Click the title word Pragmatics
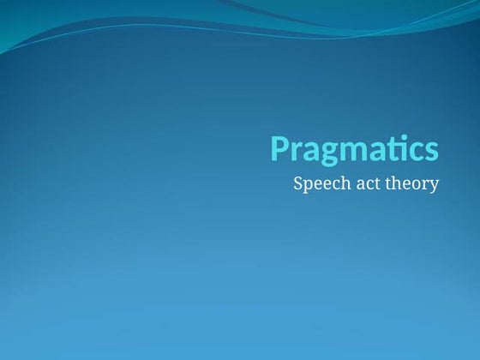[355, 149]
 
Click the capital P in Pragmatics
[280, 147]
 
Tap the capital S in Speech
[298, 183]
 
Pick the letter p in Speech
[309, 185]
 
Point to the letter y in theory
[434, 186]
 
